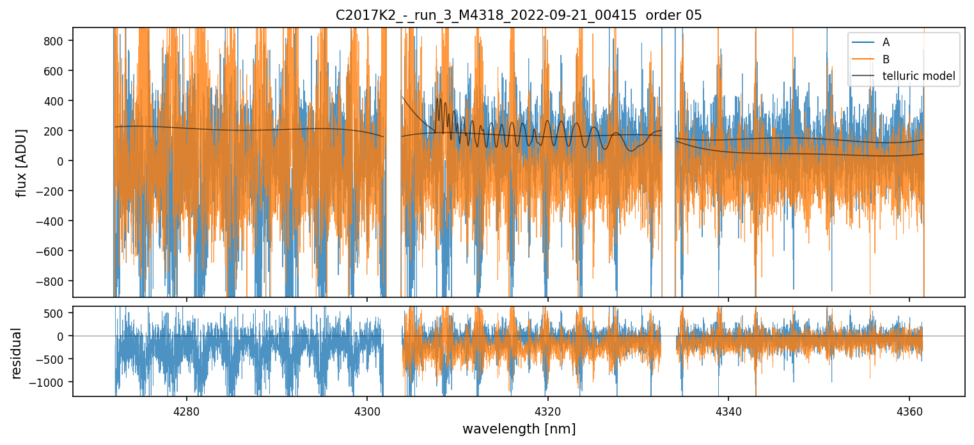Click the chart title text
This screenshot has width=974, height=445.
(519, 15)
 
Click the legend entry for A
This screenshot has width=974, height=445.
(886, 42)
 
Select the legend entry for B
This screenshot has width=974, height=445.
(886, 59)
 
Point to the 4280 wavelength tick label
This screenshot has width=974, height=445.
(187, 410)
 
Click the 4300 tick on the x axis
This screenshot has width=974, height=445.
(367, 410)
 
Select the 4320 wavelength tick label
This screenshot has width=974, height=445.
(548, 410)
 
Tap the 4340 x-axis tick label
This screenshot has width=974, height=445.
(729, 410)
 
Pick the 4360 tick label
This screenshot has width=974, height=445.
(909, 410)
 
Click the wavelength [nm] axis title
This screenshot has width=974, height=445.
(519, 428)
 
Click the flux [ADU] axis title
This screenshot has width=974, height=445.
(21, 162)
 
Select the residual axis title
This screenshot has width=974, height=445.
(17, 353)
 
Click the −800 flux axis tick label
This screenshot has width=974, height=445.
(52, 281)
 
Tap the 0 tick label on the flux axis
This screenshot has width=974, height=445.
(62, 161)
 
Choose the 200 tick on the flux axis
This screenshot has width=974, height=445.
(56, 131)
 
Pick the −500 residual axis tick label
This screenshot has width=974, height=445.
(52, 359)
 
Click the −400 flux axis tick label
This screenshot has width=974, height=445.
(52, 221)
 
